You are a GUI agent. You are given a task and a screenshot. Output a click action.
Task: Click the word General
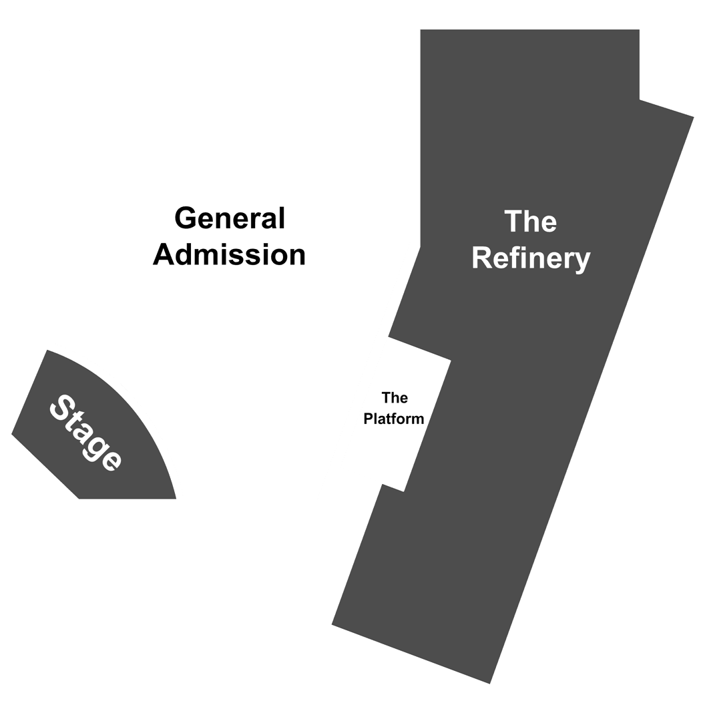pyautogui.click(x=230, y=218)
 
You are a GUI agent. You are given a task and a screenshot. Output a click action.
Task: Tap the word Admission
pyautogui.click(x=229, y=254)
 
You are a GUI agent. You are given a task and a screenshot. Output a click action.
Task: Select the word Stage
pyautogui.click(x=85, y=433)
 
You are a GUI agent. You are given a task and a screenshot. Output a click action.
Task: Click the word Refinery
pyautogui.click(x=531, y=259)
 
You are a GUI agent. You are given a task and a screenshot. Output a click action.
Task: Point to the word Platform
pyautogui.click(x=393, y=419)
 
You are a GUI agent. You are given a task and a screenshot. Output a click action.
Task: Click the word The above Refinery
pyautogui.click(x=530, y=221)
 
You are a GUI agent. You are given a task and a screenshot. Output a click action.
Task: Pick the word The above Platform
pyautogui.click(x=395, y=397)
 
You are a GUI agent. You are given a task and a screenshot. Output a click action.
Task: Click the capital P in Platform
pyautogui.click(x=369, y=419)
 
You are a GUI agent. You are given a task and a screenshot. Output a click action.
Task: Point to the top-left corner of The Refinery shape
pyautogui.click(x=420, y=29)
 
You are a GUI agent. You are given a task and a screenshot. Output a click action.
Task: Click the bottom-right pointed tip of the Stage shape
pyautogui.click(x=176, y=499)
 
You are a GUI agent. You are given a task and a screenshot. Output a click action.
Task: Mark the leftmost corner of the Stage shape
pyautogui.click(x=11, y=434)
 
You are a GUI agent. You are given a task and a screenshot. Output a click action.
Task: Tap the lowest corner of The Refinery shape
pyautogui.click(x=489, y=684)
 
